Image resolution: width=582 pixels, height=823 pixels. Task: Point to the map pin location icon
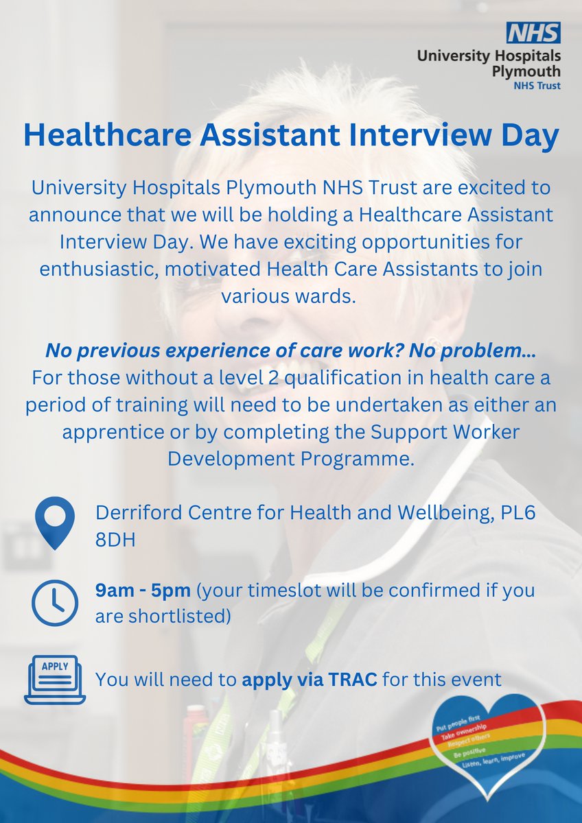pyautogui.click(x=54, y=523)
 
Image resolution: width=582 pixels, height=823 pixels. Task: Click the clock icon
pyautogui.click(x=54, y=603)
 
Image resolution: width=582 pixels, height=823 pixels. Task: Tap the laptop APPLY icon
pyautogui.click(x=54, y=679)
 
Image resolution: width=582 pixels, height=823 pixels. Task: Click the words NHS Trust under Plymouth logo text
pyautogui.click(x=537, y=86)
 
